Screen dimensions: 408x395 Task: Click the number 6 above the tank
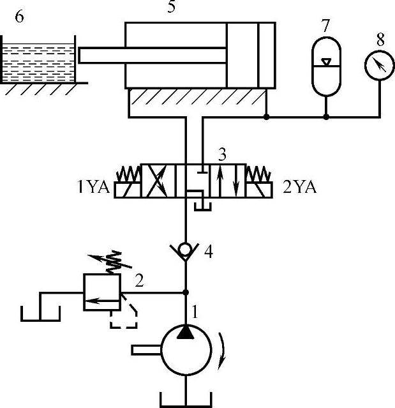point(20,17)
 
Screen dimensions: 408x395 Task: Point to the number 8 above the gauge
point(380,38)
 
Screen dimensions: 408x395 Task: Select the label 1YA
point(94,188)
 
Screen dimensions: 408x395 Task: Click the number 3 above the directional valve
point(222,155)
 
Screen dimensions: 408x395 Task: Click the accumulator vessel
point(325,67)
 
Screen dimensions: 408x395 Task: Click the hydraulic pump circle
point(186,350)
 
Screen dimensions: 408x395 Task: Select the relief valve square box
point(102,292)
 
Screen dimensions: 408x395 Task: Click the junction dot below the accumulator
point(325,117)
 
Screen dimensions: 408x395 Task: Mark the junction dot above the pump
point(186,292)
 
